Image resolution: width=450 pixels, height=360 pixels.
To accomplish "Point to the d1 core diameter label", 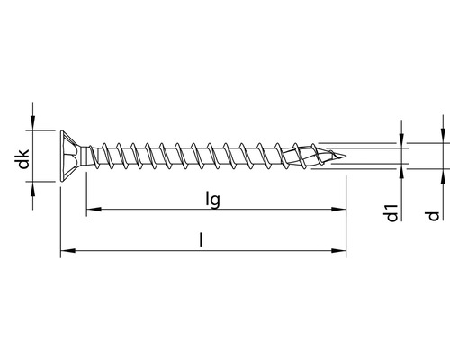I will click(390, 213).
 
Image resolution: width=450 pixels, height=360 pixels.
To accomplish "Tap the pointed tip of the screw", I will click(345, 156).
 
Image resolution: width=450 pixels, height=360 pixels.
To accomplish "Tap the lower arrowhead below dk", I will click(34, 186).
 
